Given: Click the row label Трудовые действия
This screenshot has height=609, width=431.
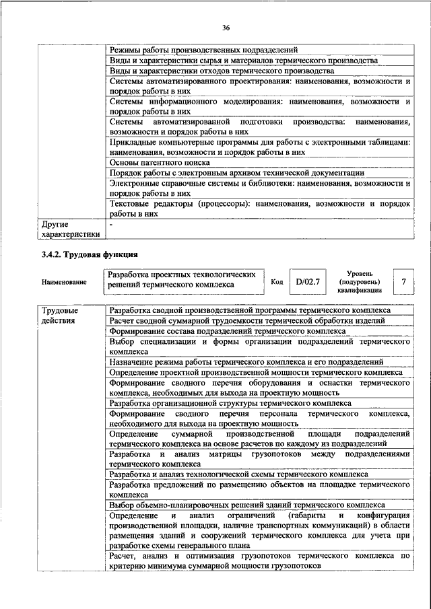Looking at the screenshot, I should point(60,316).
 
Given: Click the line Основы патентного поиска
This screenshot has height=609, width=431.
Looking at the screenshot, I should point(160,162).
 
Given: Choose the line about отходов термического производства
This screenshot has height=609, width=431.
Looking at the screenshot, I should point(222,70).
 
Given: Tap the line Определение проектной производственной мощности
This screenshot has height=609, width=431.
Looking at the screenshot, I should point(255,372).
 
